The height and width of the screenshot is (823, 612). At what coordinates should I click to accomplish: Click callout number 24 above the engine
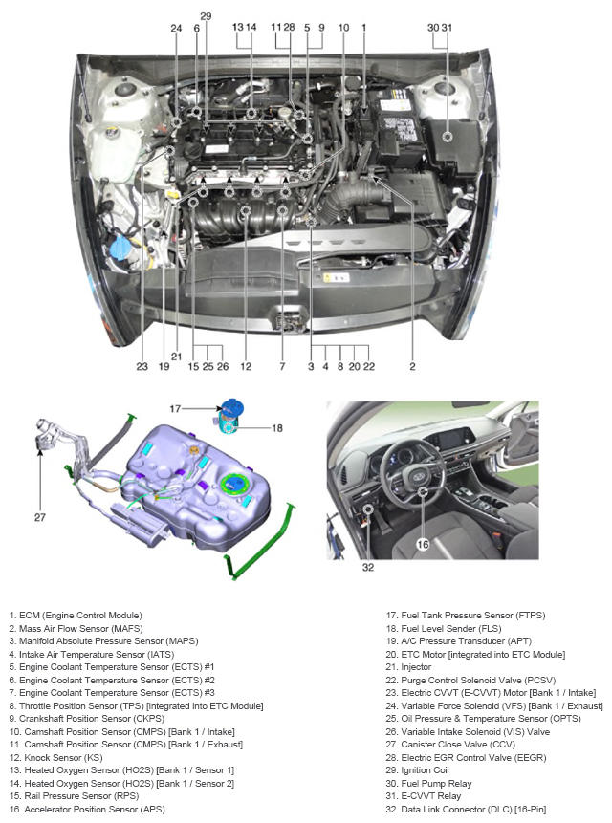(176, 28)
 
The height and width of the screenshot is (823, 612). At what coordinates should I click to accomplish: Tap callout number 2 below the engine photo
(412, 366)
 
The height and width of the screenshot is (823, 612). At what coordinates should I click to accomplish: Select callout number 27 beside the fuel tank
(40, 517)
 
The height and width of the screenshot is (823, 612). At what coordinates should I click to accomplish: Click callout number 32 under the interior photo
(368, 568)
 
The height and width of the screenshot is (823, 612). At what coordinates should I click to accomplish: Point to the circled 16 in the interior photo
(423, 545)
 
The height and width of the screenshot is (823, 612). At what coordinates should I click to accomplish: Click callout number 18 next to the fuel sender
(277, 428)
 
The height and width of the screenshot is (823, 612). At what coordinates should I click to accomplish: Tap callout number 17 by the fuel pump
(175, 409)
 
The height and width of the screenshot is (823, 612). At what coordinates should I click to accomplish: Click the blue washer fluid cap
(120, 247)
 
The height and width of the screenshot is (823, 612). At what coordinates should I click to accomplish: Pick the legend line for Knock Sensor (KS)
(55, 757)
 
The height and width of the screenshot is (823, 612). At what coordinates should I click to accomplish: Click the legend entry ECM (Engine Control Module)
(76, 616)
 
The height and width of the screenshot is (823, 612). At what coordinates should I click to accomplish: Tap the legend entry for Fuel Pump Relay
(428, 783)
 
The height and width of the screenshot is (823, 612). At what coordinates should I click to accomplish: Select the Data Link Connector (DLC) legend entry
(466, 810)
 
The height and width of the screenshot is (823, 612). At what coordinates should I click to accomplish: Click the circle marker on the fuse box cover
(448, 137)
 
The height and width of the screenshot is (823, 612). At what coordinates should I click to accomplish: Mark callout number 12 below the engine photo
(246, 366)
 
